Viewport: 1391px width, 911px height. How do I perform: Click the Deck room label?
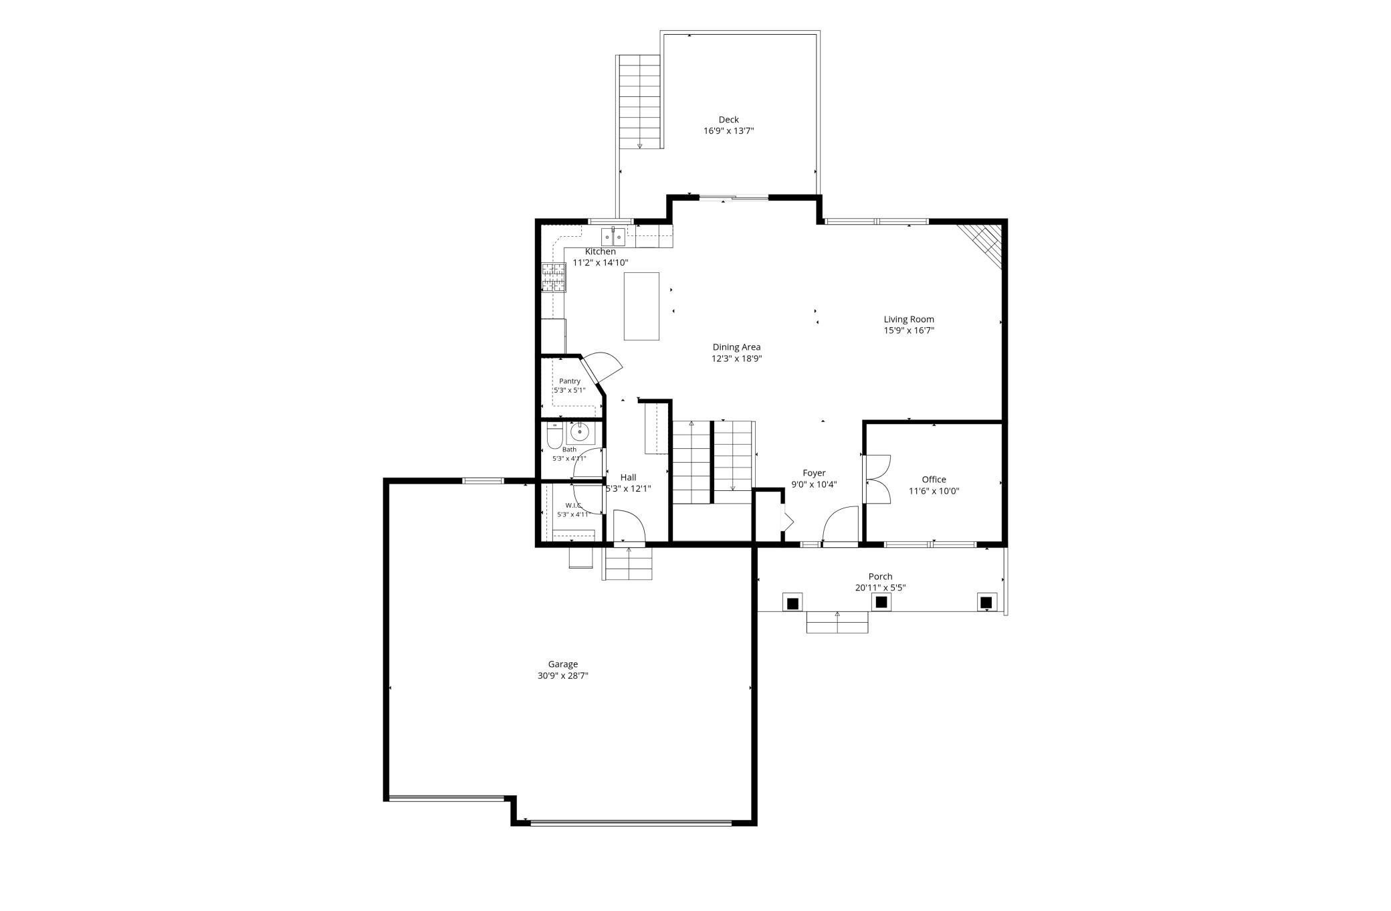(x=728, y=120)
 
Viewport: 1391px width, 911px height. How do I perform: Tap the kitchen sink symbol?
(x=613, y=237)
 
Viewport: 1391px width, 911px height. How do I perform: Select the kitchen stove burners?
(x=553, y=278)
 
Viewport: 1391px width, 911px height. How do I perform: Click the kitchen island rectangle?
(x=641, y=306)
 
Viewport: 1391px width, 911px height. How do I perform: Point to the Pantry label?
(x=570, y=381)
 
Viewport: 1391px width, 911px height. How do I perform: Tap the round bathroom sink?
(x=580, y=433)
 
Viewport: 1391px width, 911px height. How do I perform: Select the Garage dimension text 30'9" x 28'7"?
(x=563, y=676)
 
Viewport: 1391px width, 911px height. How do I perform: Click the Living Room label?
(x=909, y=319)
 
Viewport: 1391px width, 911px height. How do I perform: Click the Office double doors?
(x=877, y=479)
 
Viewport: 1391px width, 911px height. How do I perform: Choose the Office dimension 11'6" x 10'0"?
(x=934, y=491)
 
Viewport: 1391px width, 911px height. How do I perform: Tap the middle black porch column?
(x=881, y=602)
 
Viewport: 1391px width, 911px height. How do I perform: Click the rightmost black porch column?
(x=986, y=602)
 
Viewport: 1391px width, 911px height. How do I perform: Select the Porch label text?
(x=880, y=577)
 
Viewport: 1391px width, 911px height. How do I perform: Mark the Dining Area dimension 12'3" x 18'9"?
(x=736, y=359)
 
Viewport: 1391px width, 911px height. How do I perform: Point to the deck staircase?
(x=640, y=102)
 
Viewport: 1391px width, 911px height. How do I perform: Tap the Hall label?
(x=628, y=477)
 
